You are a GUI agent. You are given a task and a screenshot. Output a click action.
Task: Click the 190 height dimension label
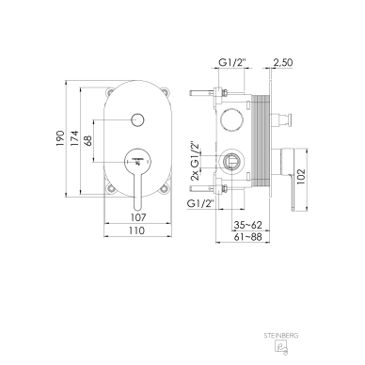click(x=60, y=138)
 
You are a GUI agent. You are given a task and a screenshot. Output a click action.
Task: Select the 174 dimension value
click(x=74, y=138)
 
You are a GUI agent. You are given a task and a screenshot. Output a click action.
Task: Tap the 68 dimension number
click(x=87, y=140)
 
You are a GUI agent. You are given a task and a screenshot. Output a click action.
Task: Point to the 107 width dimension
click(x=138, y=217)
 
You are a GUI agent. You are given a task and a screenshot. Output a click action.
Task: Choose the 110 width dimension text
click(x=137, y=230)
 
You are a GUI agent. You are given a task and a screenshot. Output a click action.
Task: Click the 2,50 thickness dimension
click(x=283, y=62)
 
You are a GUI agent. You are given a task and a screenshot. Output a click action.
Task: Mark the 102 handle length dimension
click(x=301, y=177)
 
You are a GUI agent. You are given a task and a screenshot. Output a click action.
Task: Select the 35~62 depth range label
click(x=247, y=225)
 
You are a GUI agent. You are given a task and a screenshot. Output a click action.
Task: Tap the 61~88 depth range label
click(x=247, y=236)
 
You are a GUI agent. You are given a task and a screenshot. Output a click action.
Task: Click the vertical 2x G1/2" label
click(x=195, y=161)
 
